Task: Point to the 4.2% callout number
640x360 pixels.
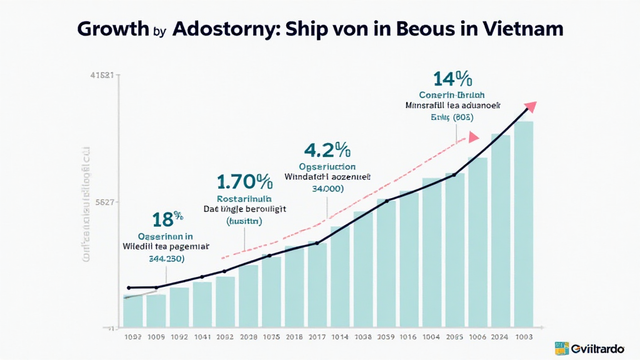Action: pos(326,151)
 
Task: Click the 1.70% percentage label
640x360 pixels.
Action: pos(244,182)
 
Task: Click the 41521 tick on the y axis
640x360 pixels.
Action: pos(101,76)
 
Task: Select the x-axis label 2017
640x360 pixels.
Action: pos(317,336)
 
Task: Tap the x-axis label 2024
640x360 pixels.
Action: pos(500,336)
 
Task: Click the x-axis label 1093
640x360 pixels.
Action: pos(132,336)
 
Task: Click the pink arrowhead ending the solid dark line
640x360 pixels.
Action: pos(532,106)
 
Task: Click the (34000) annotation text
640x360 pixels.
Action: pos(327,188)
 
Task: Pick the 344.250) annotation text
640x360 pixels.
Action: pos(165,258)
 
